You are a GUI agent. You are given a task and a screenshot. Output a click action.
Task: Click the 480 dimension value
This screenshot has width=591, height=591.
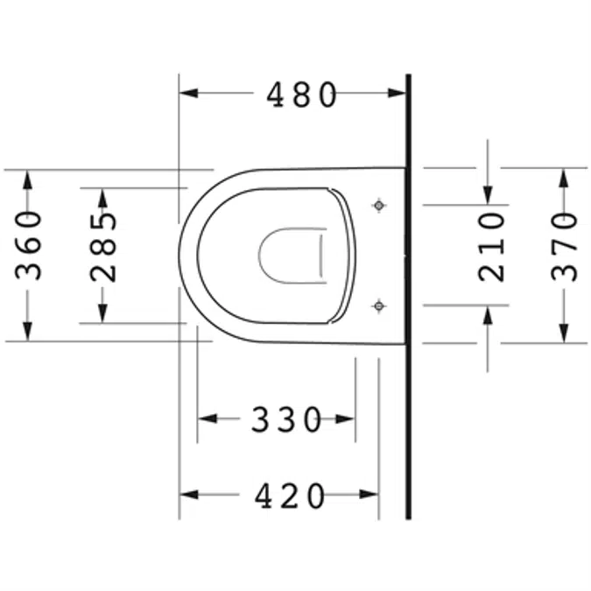[302, 95]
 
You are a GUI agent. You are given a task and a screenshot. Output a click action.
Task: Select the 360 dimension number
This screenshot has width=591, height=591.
[29, 245]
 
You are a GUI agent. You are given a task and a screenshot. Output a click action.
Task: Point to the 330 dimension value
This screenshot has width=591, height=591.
[287, 419]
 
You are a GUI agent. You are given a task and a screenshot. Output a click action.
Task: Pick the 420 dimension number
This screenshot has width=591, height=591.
[291, 496]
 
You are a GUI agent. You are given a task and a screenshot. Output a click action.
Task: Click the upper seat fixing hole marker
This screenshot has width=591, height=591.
[378, 205]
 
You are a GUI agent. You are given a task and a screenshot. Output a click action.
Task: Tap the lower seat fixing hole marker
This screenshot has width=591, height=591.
[378, 305]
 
